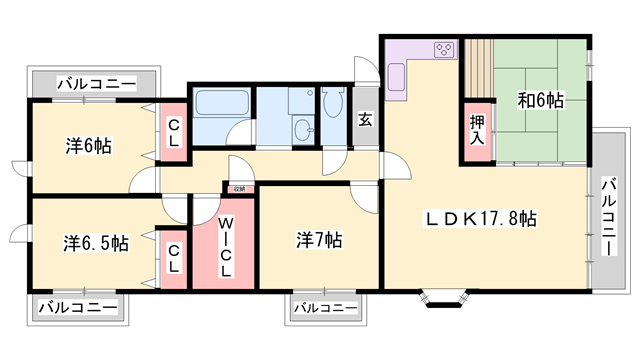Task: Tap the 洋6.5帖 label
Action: pos(96,242)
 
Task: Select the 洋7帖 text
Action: pos(320,240)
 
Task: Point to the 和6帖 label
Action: pos(540,100)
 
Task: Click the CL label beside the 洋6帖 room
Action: pos(173,133)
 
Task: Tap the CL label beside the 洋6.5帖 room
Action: pos(173,258)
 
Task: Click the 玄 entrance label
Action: pos(365,120)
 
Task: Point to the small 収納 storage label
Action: pos(238,188)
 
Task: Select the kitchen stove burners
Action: pos(444,49)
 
